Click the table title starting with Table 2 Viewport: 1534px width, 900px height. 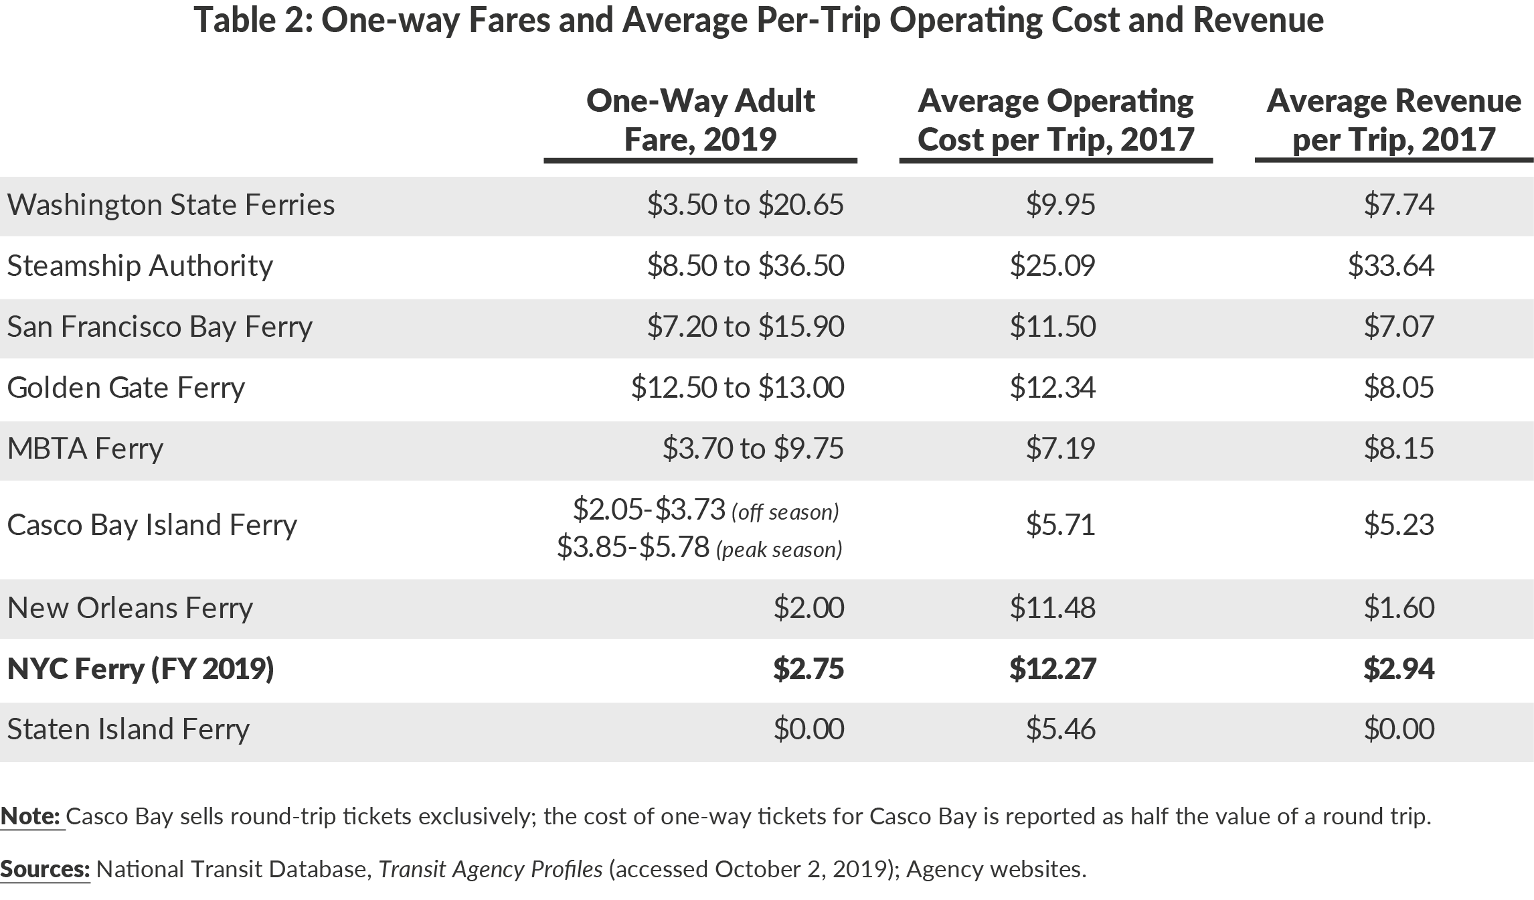[758, 20]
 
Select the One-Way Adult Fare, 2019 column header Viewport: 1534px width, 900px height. [700, 120]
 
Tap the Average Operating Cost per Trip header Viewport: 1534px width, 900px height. [1055, 120]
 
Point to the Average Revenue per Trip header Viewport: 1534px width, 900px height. [1393, 120]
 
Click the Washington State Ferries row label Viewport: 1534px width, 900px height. [171, 205]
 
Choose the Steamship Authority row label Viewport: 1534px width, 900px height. [140, 266]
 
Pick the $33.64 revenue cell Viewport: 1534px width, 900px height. [1391, 266]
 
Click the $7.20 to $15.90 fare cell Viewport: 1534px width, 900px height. [745, 327]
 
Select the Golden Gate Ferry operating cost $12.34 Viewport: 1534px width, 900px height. [1052, 388]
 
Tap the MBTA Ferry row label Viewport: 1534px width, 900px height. [85, 449]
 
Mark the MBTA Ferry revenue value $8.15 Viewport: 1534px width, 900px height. [1399, 449]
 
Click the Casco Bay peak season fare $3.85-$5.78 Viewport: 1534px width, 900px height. [699, 548]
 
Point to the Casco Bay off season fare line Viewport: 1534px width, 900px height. [705, 510]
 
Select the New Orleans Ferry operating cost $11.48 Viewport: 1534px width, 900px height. [1052, 608]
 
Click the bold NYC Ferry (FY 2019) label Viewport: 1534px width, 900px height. [141, 669]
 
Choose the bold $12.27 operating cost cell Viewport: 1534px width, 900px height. [1052, 669]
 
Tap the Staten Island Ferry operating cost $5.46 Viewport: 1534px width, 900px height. [1060, 729]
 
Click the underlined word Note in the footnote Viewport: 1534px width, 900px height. [31, 816]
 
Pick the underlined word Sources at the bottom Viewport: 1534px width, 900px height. [45, 869]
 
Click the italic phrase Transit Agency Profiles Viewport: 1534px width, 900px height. [490, 869]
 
